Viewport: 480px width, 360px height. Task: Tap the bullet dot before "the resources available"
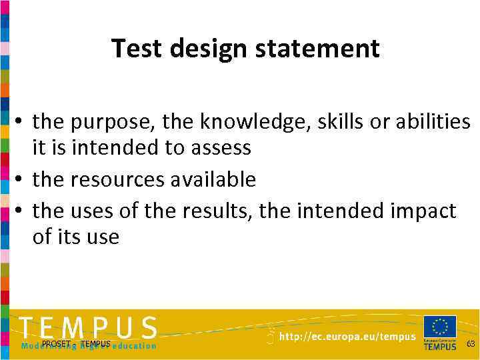(21, 179)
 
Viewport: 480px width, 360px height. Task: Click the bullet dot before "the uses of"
(21, 211)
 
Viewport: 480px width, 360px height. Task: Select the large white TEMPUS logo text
(88, 328)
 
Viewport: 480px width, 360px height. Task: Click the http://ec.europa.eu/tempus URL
(347, 337)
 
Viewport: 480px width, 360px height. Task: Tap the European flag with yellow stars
(440, 327)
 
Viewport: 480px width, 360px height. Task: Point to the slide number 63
(471, 344)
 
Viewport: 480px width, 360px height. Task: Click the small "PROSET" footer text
(56, 344)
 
